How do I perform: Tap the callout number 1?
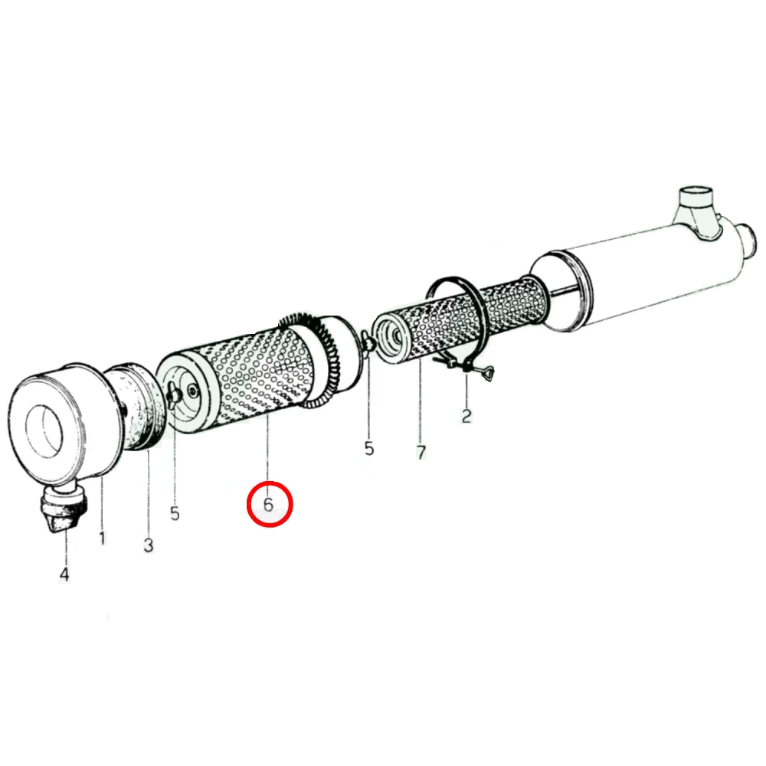coord(102,538)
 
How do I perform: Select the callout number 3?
coord(149,545)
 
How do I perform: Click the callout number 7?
coord(421,452)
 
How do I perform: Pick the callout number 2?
coord(466,416)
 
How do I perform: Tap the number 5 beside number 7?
coord(369,448)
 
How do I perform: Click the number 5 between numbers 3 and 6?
coord(175,513)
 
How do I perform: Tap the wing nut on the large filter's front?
coord(174,394)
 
